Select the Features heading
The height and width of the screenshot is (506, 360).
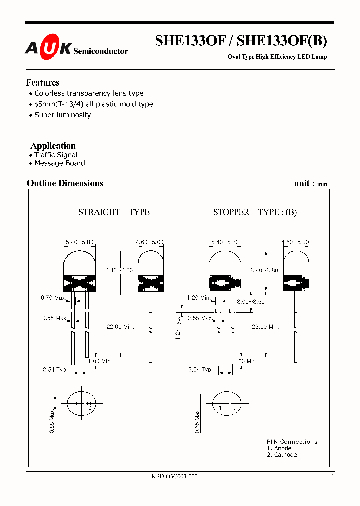coord(42,83)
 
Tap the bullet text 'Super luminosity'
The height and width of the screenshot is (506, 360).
coord(62,115)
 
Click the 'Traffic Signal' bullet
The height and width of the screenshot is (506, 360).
coord(55,155)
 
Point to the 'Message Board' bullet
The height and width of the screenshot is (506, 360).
coord(59,163)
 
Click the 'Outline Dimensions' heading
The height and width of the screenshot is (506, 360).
coord(65,183)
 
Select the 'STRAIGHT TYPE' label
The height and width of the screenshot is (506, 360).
coord(114,212)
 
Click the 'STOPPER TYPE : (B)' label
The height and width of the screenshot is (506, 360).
coord(255,212)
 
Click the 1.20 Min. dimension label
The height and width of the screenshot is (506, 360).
coord(198,298)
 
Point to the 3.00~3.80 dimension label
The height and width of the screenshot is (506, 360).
coord(251,302)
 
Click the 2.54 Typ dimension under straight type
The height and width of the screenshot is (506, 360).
coord(54,370)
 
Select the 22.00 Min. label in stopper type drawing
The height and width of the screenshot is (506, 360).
coord(265,327)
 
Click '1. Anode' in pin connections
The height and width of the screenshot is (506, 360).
coord(279,448)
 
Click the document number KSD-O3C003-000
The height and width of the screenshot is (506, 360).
coord(174,477)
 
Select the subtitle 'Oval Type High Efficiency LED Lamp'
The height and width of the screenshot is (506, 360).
coord(277,57)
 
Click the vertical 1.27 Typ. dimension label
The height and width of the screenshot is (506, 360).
coord(178,328)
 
